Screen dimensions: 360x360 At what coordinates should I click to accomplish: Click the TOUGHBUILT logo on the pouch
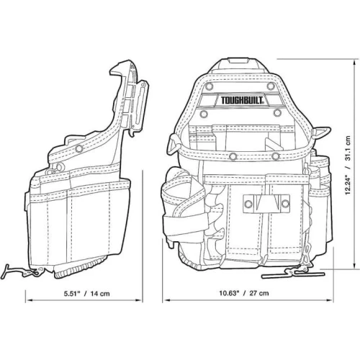click(242, 100)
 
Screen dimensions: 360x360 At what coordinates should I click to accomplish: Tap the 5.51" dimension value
click(72, 294)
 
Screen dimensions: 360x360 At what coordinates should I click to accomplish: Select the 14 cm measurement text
click(100, 294)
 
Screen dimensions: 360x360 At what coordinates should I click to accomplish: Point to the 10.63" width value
click(230, 293)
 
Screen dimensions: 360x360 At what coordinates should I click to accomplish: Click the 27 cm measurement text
click(259, 293)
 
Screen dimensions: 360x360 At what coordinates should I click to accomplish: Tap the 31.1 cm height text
click(348, 148)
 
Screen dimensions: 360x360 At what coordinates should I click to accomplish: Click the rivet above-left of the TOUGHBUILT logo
click(210, 86)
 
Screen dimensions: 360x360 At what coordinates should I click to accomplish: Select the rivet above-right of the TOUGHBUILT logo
click(271, 86)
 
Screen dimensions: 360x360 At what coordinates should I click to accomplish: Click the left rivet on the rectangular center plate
click(248, 204)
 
